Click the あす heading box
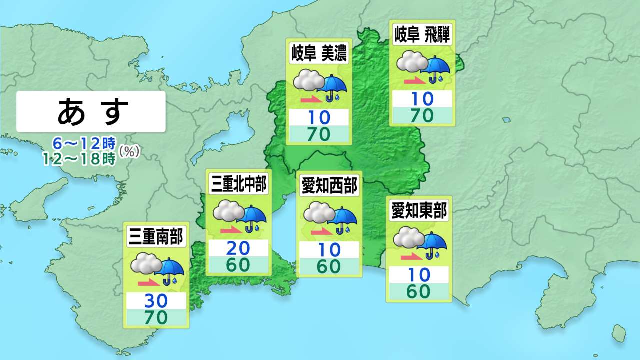pos(90,111)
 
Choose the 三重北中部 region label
pos(239,184)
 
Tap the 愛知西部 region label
pos(329,186)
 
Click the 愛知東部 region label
pos(419,211)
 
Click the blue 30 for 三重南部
pos(156,301)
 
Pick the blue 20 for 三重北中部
pos(238,248)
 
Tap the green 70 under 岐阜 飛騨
pos(422,115)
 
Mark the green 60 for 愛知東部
pos(418,291)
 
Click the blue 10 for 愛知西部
pos(329,249)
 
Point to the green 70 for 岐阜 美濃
pos(318,134)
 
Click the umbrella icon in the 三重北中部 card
pos(253,218)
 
